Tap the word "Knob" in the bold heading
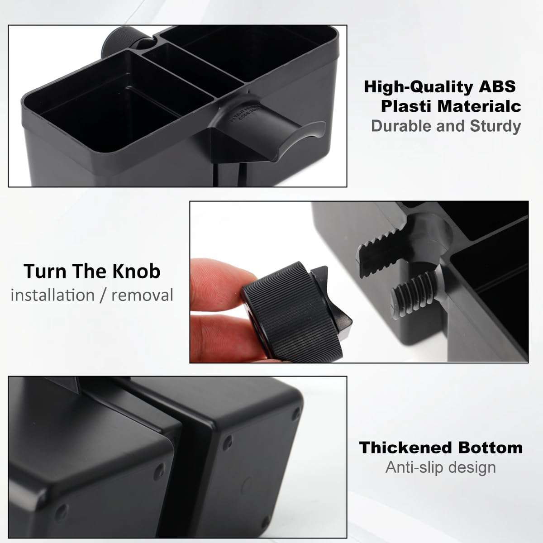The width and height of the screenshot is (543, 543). tap(136, 271)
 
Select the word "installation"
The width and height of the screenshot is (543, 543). tap(52, 295)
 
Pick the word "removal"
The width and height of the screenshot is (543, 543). tap(142, 295)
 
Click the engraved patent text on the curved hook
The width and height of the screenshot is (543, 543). tap(246, 114)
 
